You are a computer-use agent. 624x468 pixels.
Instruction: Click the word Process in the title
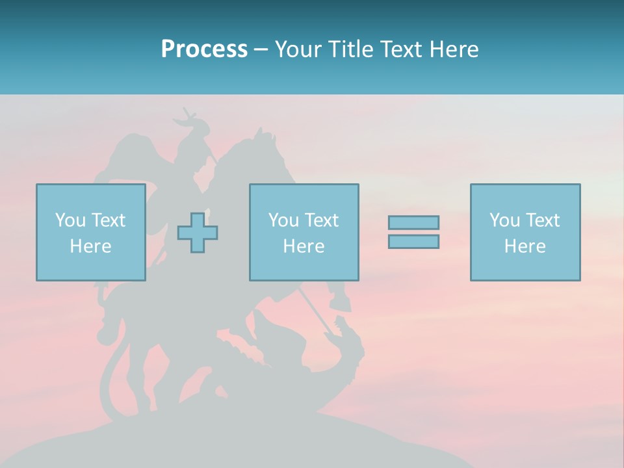(204, 49)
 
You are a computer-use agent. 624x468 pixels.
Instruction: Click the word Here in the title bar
(456, 49)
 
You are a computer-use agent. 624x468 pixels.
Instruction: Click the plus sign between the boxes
(198, 233)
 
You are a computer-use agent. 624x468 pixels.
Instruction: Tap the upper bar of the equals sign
(413, 222)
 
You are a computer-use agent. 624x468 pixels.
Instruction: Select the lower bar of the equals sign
(413, 242)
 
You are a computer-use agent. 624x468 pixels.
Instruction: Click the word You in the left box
(70, 220)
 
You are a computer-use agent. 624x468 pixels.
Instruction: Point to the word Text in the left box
(107, 220)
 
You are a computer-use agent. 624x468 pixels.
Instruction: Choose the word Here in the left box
(90, 246)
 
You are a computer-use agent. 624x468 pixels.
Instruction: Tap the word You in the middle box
(283, 220)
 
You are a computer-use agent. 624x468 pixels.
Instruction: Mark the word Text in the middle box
(320, 220)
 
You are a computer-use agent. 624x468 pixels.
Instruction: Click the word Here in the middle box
(304, 246)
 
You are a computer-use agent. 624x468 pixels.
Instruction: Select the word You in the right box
(504, 220)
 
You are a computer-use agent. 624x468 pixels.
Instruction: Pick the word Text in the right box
(541, 220)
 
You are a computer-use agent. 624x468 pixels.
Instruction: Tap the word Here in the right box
(525, 246)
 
